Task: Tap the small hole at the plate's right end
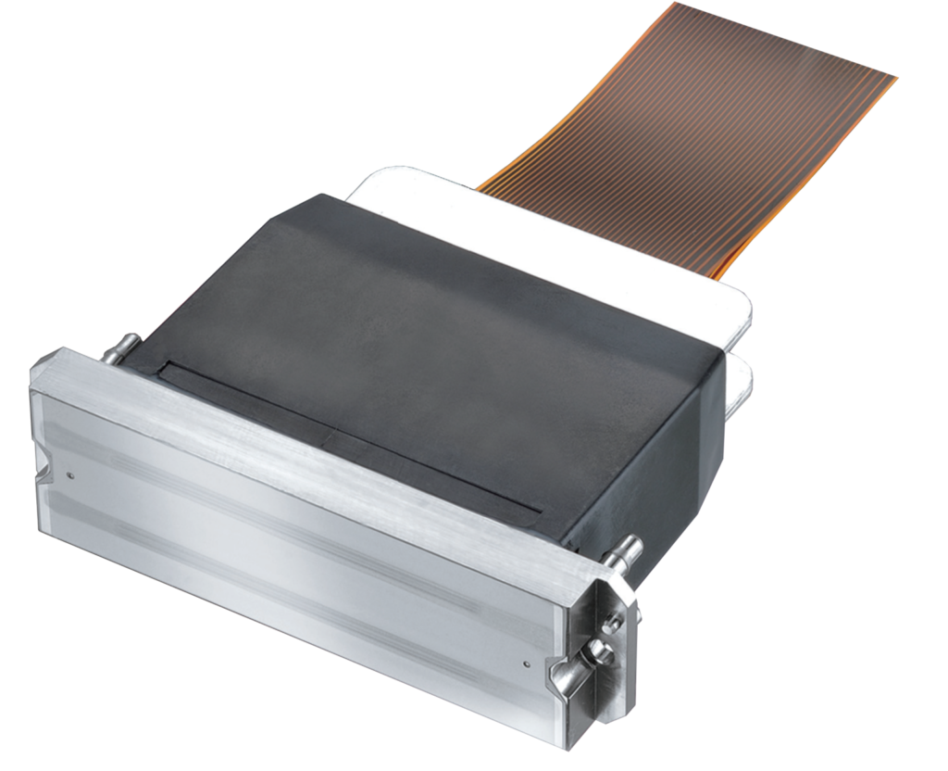525,663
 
